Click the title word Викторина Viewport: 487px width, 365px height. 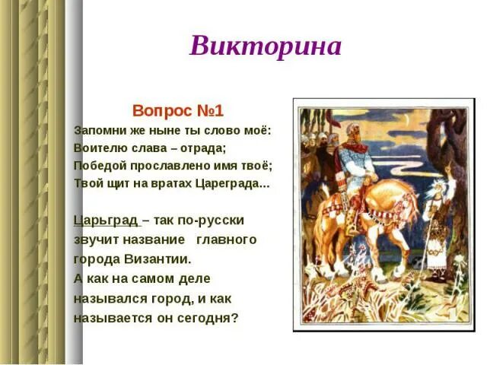[266, 46]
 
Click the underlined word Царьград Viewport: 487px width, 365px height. [106, 221]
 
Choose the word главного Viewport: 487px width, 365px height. [227, 240]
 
